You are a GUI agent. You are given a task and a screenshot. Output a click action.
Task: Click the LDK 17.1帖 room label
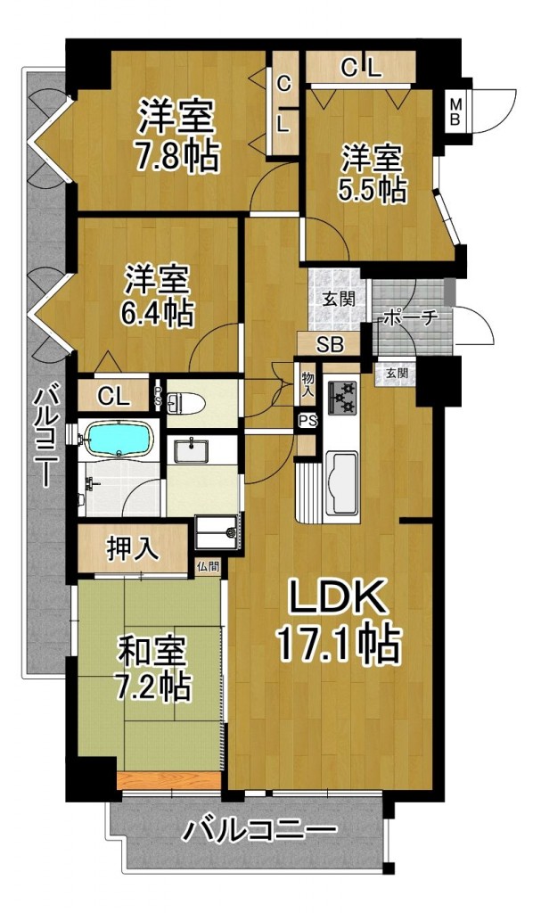338,621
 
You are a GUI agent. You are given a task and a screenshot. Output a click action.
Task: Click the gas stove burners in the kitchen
342,396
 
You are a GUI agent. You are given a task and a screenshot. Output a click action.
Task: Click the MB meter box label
455,111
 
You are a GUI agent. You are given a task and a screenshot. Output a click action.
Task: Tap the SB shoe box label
330,345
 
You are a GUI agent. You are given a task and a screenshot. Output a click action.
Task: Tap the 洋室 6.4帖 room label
157,296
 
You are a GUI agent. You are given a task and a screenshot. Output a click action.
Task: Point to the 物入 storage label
307,385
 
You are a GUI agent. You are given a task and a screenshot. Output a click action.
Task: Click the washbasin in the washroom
191,450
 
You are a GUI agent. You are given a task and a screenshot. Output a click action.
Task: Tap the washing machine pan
218,532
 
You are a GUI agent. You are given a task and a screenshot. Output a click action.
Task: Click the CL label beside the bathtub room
113,397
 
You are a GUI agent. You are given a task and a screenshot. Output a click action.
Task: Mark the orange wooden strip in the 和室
168,781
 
